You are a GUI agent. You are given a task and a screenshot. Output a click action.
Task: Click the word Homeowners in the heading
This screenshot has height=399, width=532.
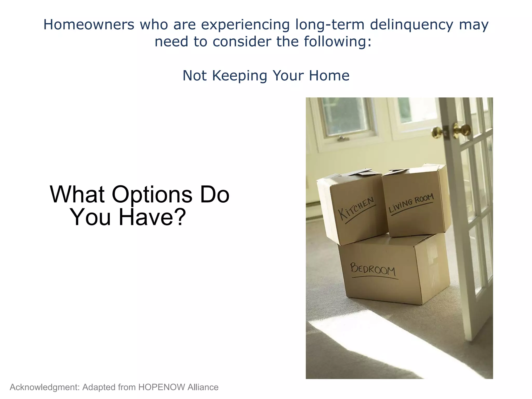click(x=89, y=25)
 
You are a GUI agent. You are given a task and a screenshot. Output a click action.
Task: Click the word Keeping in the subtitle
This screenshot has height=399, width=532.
click(x=240, y=76)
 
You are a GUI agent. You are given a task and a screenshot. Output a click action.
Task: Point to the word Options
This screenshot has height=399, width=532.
click(x=152, y=195)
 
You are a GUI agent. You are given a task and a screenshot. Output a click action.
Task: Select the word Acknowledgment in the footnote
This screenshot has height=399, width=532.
click(x=44, y=387)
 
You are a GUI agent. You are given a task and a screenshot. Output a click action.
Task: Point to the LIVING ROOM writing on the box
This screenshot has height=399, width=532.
click(x=411, y=203)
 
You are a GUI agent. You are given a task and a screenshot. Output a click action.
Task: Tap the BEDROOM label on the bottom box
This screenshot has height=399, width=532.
click(x=373, y=269)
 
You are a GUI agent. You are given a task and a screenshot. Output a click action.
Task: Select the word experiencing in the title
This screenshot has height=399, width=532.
click(x=245, y=25)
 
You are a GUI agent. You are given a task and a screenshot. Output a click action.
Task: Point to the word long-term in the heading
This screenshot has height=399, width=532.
click(x=330, y=25)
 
